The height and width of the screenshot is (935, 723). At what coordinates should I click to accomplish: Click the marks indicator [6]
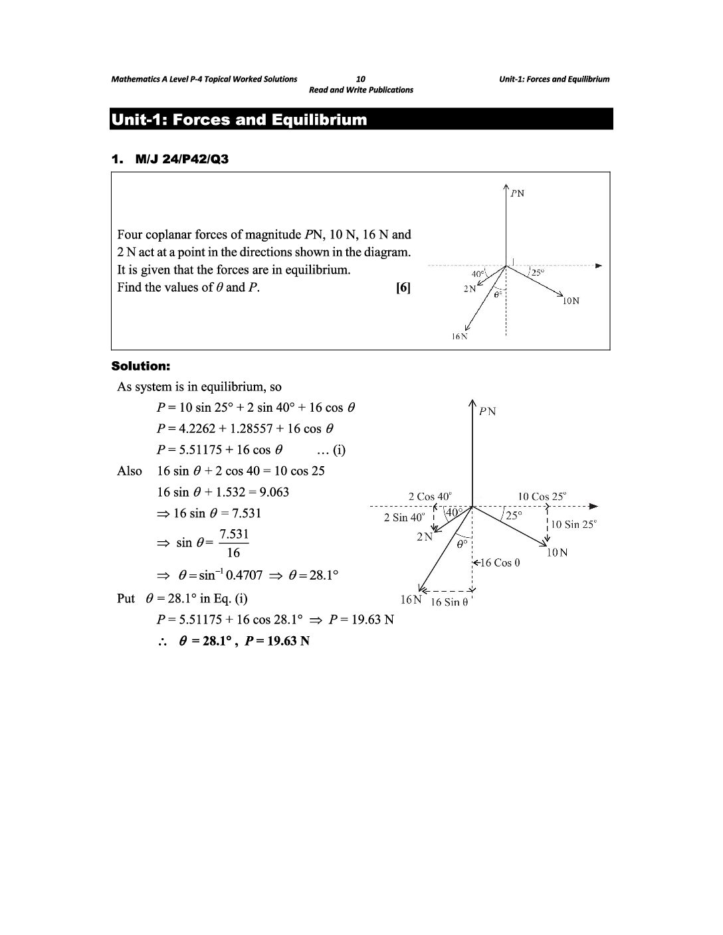click(403, 288)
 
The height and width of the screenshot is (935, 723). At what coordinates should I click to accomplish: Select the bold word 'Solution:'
click(141, 366)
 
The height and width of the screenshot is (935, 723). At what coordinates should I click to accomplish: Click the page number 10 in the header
click(361, 79)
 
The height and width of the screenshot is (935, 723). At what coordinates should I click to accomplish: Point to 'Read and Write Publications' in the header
click(361, 90)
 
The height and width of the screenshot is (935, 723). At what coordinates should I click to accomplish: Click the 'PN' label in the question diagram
click(517, 194)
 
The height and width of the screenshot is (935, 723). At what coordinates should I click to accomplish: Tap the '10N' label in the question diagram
click(570, 301)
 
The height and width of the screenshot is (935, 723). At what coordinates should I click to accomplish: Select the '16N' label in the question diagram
click(459, 337)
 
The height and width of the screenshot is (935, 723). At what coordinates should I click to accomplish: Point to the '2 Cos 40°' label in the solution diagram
click(429, 496)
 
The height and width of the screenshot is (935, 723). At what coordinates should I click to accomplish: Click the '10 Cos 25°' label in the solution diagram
click(542, 496)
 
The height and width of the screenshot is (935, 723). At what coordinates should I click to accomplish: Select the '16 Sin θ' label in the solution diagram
click(449, 602)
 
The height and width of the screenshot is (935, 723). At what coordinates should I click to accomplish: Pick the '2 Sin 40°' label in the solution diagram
click(403, 517)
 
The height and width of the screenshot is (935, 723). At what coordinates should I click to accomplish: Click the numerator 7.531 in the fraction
click(234, 534)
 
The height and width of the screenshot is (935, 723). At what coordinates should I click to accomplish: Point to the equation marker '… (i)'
click(331, 450)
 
